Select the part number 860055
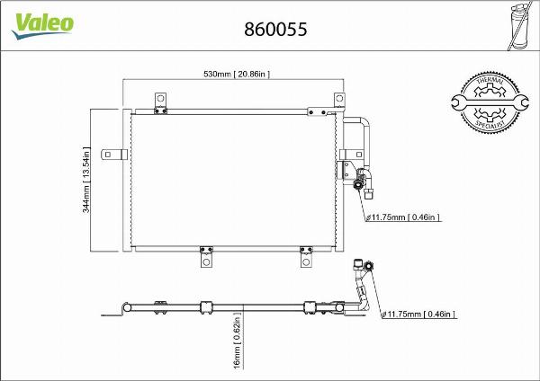(276, 29)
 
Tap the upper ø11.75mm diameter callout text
(402, 217)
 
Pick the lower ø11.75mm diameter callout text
(419, 314)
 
